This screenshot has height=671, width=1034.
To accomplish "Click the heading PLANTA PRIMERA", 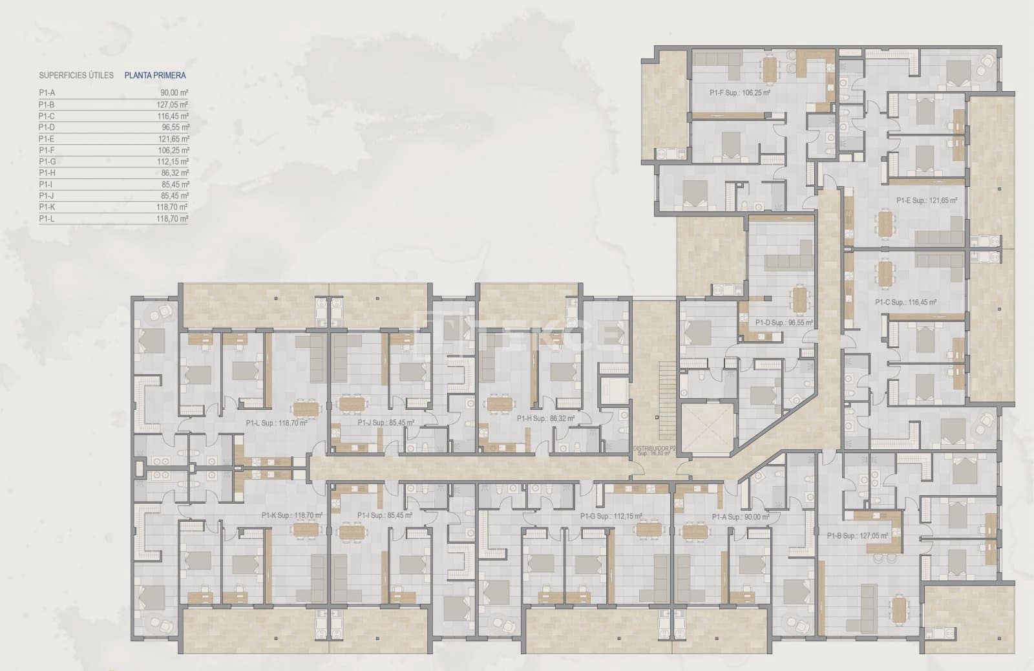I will [154, 76].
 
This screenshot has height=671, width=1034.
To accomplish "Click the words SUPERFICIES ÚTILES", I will [76, 76].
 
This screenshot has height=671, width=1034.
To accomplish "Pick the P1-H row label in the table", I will [47, 173].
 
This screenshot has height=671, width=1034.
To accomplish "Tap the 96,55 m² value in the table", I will [175, 127].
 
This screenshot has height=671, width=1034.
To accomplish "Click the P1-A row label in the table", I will [47, 93].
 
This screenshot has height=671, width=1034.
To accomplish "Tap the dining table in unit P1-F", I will [768, 69].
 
